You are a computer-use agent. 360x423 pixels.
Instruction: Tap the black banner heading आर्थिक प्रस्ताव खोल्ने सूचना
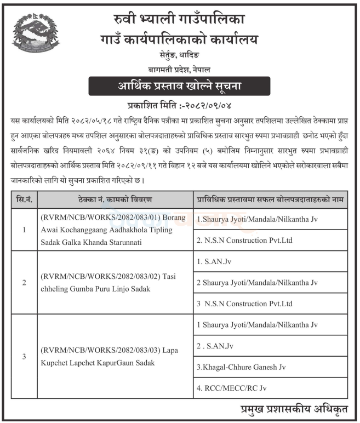pos(180,87)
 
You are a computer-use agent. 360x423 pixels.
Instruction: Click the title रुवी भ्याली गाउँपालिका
pos(180,20)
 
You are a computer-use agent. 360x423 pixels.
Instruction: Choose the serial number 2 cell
pos(24,283)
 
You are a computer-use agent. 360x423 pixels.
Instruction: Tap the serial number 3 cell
pos(24,357)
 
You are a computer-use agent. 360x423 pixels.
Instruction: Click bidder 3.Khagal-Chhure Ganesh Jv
pos(241,367)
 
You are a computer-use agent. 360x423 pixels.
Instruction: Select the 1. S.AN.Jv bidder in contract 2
pos(214,262)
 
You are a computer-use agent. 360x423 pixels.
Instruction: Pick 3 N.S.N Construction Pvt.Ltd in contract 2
pos(244,304)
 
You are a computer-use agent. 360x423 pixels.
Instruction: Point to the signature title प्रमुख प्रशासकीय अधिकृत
pos(296,410)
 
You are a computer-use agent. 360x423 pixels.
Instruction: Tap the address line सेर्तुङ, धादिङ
pos(180,55)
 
